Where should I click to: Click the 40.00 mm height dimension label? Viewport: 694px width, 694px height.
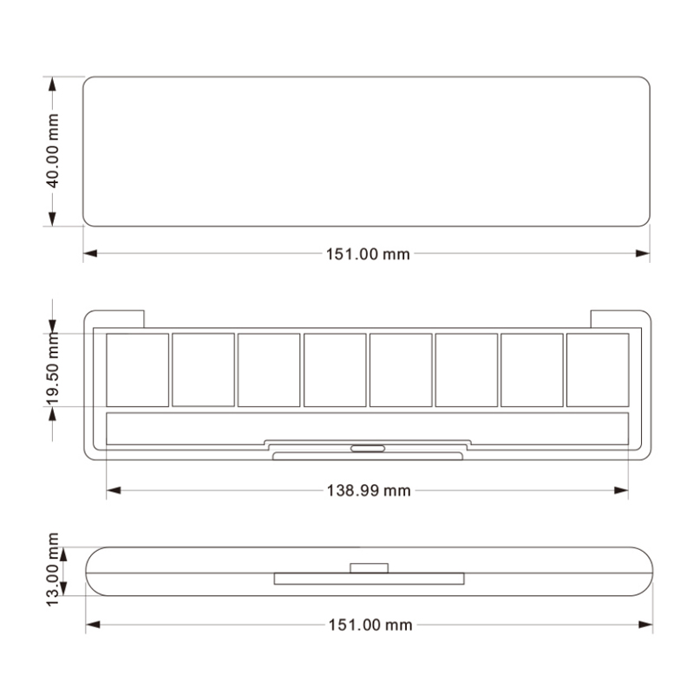point(53,151)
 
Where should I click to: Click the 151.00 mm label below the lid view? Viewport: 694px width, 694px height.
point(368,254)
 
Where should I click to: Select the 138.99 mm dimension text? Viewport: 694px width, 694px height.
point(369,490)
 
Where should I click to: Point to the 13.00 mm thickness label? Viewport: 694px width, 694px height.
point(53,570)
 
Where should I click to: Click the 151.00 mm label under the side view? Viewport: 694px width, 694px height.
point(370,625)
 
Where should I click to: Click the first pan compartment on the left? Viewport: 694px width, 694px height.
point(138,370)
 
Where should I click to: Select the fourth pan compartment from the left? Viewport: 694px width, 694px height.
point(335,370)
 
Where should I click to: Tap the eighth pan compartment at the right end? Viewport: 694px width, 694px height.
point(598,370)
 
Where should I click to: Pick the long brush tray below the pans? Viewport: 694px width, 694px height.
point(367,428)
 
